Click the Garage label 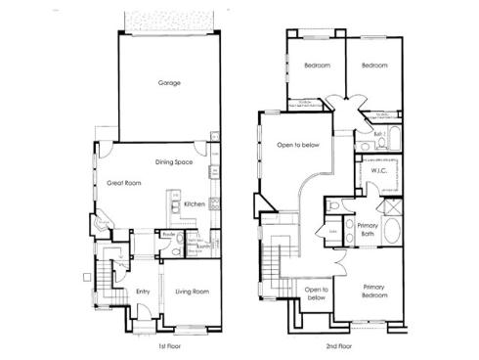[x=169, y=83]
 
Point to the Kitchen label [x=194, y=203]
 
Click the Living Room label [x=193, y=291]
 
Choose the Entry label [x=143, y=291]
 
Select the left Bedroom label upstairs [x=316, y=66]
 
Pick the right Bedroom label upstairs [x=374, y=66]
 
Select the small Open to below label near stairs [x=315, y=293]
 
